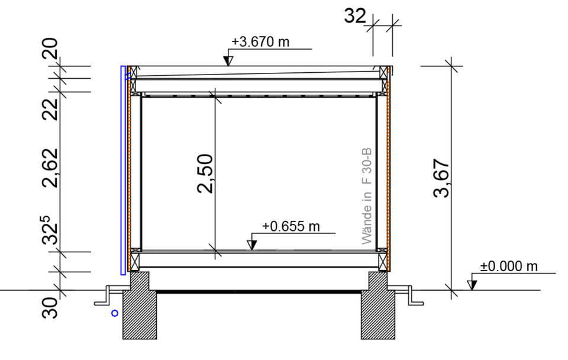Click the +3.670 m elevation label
[260, 41]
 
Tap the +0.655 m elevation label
[291, 226]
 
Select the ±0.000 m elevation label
[509, 266]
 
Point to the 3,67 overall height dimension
[441, 178]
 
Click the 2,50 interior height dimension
[205, 173]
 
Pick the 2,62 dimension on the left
[50, 168]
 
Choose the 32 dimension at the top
[355, 17]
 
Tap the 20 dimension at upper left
[50, 49]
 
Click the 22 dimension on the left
[50, 109]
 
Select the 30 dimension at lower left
[50, 308]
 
